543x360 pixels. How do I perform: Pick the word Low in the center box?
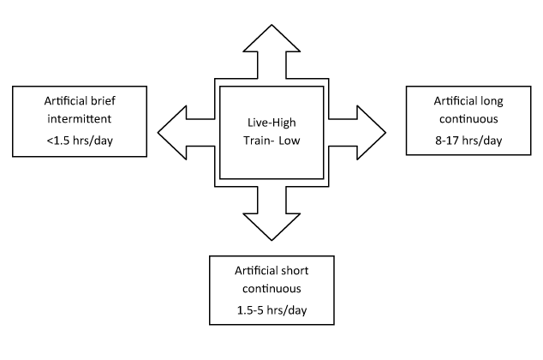[x=292, y=141]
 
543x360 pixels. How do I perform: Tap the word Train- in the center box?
[x=259, y=141]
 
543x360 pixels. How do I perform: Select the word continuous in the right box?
[x=464, y=119]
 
